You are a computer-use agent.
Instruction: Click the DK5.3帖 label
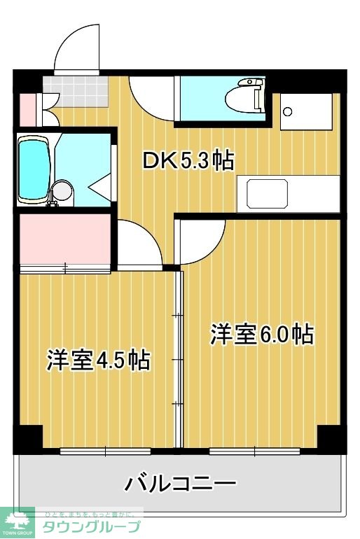(x=188, y=161)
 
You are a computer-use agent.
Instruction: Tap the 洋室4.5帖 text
(x=98, y=360)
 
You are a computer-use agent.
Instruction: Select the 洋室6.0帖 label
(x=261, y=334)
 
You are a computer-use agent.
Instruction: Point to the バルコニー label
(x=180, y=483)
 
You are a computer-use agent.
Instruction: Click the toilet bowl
(x=249, y=97)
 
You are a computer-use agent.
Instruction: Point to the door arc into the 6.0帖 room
(x=201, y=241)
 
